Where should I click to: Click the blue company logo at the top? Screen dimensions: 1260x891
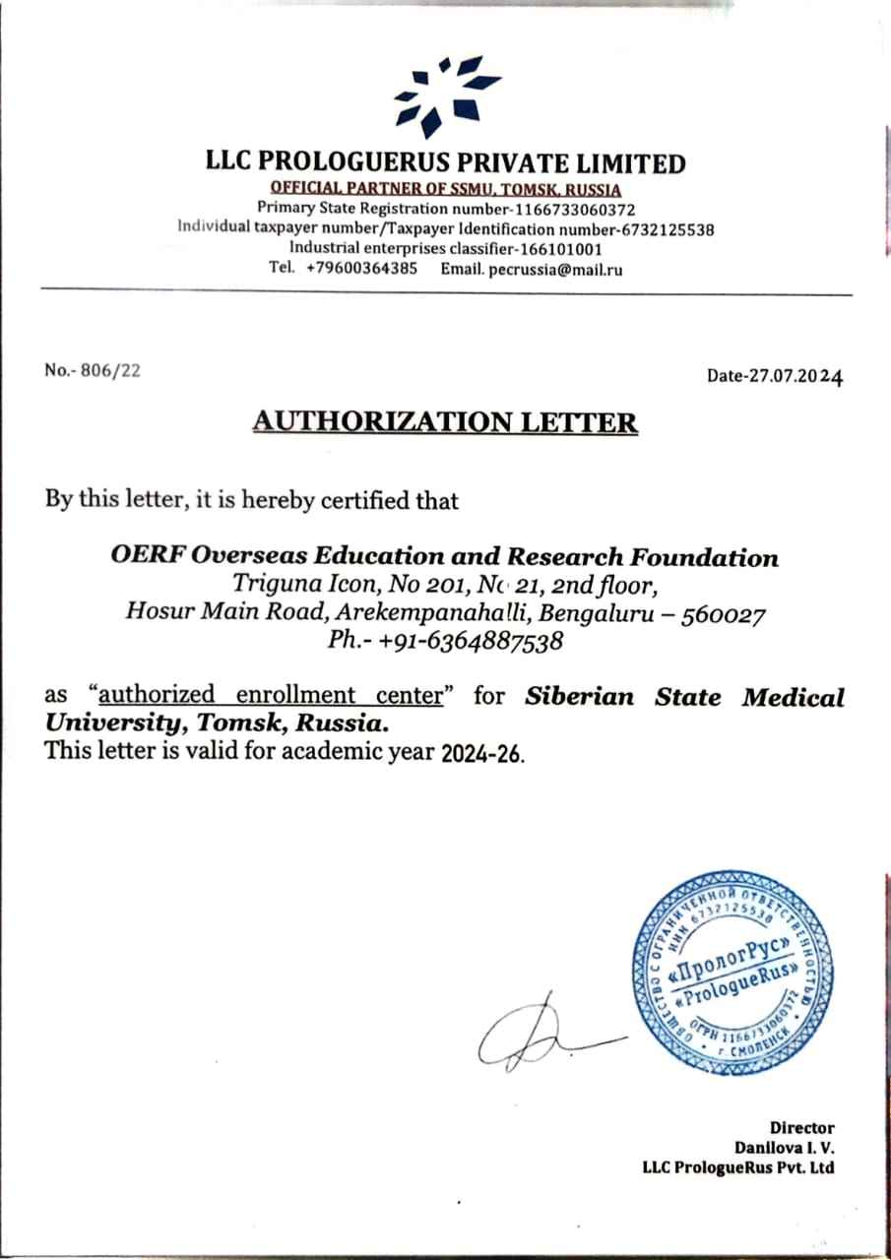[446, 95]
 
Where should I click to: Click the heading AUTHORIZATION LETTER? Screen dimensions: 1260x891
[445, 422]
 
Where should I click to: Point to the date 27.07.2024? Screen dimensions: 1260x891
[792, 375]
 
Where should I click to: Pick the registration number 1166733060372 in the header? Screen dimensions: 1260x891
[574, 210]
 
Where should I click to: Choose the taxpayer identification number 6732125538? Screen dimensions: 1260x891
[667, 229]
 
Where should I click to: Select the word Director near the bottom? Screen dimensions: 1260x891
[801, 1128]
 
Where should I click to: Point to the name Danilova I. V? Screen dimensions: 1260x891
[785, 1148]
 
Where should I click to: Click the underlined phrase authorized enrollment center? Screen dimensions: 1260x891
[271, 697]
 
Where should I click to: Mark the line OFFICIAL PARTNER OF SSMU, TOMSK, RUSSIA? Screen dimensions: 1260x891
[446, 188]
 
